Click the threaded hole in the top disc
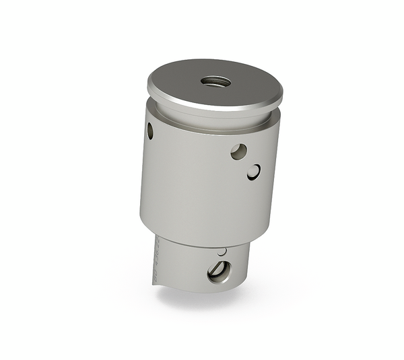coord(215,81)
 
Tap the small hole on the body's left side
coord(149,131)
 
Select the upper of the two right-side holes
coord(238,151)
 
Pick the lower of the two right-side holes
coord(253,172)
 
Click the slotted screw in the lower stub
coord(219,271)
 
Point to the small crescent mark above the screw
coord(222,252)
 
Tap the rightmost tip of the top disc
coord(283,89)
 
